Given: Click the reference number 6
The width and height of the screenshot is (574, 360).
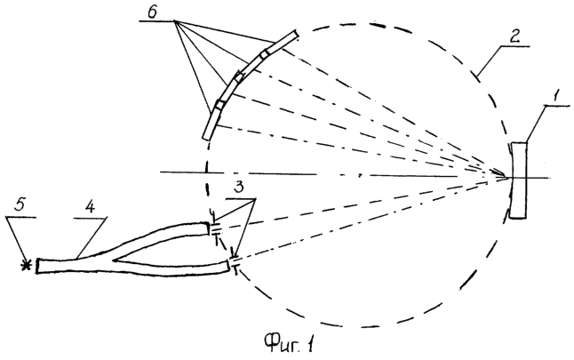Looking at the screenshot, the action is coord(152,12).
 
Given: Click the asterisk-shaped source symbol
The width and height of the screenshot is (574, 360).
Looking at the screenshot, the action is coord(26,265).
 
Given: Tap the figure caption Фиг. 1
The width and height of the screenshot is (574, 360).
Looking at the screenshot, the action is coord(289,343).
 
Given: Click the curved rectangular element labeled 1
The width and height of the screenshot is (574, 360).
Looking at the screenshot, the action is coord(519,180).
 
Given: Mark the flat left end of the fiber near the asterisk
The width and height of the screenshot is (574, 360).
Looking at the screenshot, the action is coord(37,266).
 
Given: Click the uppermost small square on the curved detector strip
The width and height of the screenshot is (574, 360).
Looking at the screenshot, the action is coord(265,54).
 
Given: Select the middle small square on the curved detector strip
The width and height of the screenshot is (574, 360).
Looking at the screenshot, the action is coord(239,77).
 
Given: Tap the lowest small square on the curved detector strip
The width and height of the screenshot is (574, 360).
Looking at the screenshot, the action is coord(220,104).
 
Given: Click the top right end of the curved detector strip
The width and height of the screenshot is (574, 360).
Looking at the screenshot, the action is coord(296,34).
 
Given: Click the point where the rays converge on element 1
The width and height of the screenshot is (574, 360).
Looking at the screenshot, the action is coord(508,178).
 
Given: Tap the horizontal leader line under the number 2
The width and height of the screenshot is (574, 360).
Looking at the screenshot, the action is coord(515,46).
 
